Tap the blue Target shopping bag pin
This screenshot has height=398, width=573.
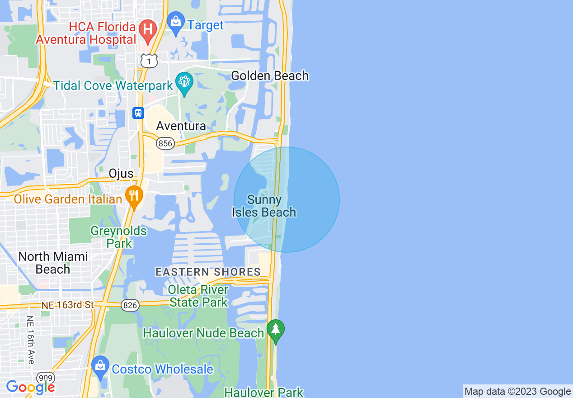(x=175, y=23)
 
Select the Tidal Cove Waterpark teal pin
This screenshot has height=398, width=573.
(x=184, y=83)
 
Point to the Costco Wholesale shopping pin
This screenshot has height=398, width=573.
(x=100, y=367)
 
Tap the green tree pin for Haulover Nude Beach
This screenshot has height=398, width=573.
(x=276, y=330)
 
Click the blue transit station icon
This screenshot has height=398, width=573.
(x=138, y=113)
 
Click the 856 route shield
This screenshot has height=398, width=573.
(x=165, y=143)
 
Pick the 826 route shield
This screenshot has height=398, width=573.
(x=130, y=306)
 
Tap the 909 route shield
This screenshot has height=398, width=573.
(x=46, y=378)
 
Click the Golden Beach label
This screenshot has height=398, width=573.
(x=270, y=76)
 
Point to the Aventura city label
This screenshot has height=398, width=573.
(x=181, y=126)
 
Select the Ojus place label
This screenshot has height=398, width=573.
(x=121, y=173)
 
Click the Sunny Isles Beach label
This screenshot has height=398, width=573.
(x=264, y=206)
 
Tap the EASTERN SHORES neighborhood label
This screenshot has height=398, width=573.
(x=208, y=272)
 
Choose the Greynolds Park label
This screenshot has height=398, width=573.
(x=119, y=237)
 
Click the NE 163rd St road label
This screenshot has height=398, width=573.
(x=67, y=305)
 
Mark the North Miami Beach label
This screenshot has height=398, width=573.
(x=53, y=263)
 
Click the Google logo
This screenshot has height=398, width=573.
(x=31, y=387)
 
